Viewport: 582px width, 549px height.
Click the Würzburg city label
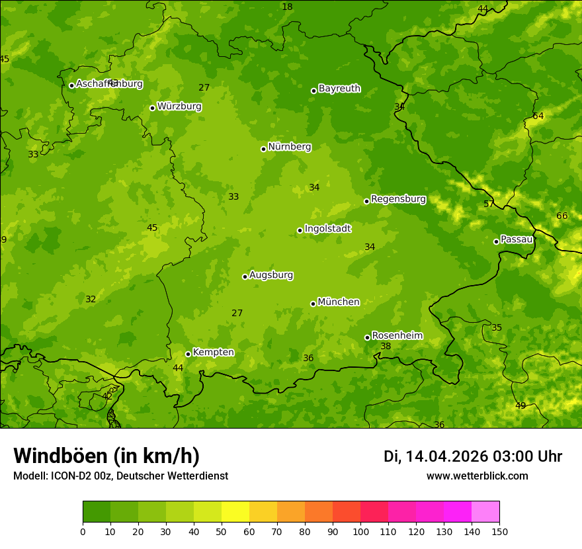[179, 106]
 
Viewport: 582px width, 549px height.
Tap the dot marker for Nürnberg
[263, 149]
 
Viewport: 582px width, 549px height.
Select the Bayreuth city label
[339, 89]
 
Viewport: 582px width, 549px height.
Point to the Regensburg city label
[398, 199]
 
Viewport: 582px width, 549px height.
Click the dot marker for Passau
[496, 241]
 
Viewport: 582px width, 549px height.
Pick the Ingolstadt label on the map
[327, 229]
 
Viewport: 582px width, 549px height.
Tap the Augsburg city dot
[245, 276]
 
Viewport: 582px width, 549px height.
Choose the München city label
[339, 302]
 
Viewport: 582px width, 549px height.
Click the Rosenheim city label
[397, 336]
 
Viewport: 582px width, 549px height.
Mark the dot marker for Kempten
[188, 354]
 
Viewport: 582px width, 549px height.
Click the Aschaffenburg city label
[109, 84]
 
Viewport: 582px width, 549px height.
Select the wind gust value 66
[562, 216]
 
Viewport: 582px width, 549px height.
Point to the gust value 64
[538, 116]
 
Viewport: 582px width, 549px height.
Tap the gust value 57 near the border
[489, 204]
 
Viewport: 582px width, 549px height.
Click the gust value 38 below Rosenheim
[386, 347]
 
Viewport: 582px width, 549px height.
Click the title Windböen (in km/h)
[106, 456]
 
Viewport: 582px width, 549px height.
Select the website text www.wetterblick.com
[477, 476]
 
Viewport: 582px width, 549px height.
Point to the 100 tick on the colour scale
[360, 531]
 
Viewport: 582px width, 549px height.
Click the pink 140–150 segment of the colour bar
[485, 512]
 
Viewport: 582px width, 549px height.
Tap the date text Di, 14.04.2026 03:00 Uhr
[472, 457]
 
